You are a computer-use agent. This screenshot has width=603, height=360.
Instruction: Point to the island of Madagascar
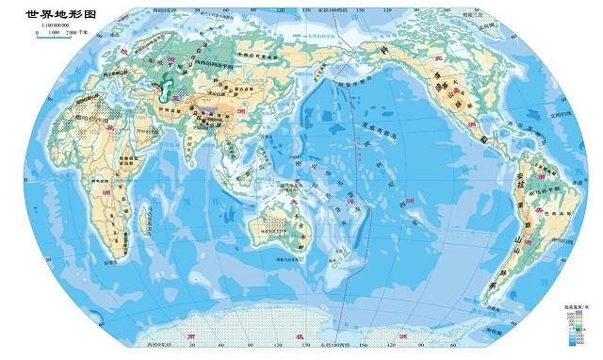[x=144, y=220]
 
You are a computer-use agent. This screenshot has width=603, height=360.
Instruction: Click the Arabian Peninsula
[x=157, y=130]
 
